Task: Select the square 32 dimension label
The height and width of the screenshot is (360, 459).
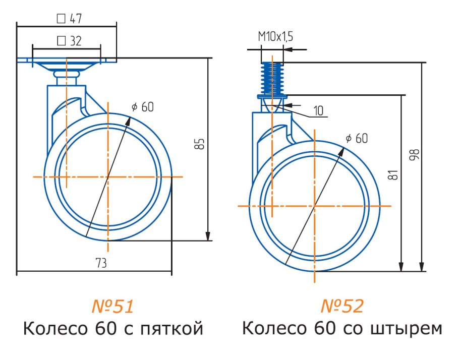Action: (70, 41)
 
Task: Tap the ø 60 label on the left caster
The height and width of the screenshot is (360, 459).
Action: (142, 106)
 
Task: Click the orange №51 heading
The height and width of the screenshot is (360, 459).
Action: (112, 306)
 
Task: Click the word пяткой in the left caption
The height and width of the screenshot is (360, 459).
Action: (170, 329)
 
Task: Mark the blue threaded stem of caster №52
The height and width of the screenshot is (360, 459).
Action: (272, 78)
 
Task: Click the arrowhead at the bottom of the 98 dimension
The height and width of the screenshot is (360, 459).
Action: (422, 267)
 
